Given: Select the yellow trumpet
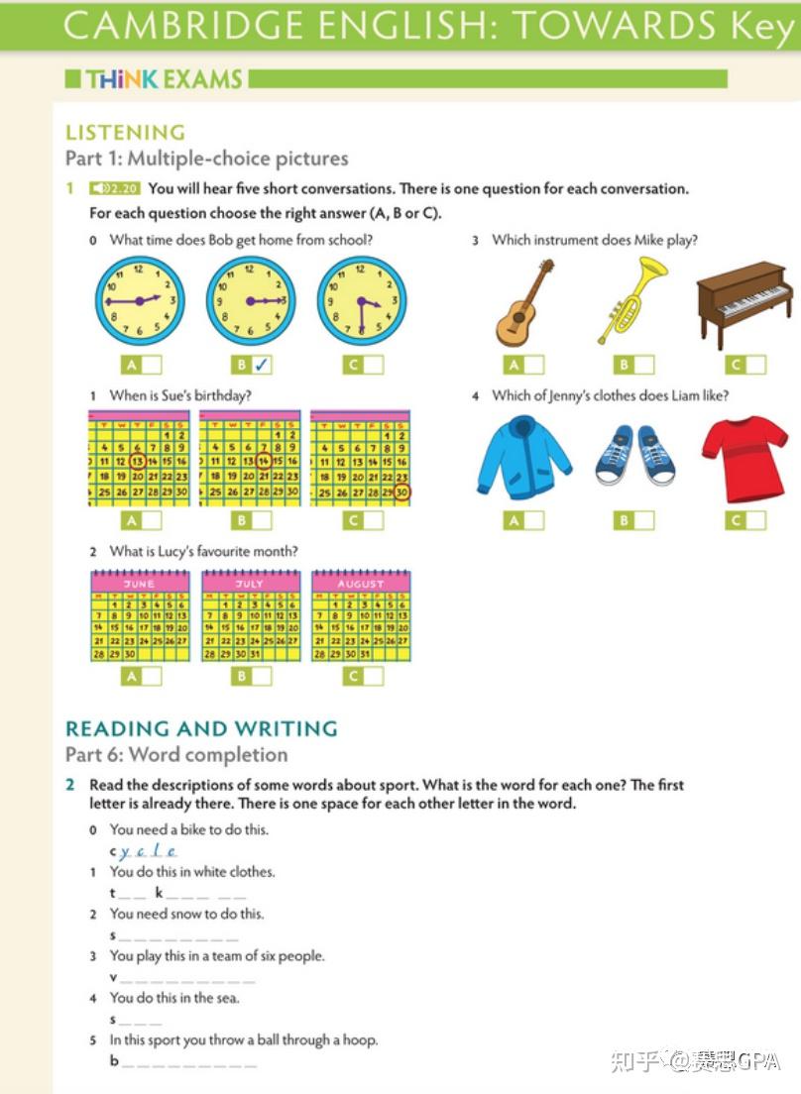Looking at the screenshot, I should pos(633,299).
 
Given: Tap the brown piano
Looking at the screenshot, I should pos(744,304).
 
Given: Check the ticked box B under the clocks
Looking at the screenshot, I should pos(261,365).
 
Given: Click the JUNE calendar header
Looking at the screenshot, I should pos(140,584).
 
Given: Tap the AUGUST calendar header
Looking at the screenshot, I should pos(360,584).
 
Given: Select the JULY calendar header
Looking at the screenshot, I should pos(250,584).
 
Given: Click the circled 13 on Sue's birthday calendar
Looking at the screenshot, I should pos(138,461).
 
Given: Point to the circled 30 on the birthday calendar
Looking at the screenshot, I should pos(401,492).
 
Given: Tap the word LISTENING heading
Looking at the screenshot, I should pos(125,132).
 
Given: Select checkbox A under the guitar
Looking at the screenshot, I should pos(533,365).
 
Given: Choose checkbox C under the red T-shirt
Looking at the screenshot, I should pos(755,520).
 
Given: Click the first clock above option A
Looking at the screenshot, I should pos(140,301).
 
